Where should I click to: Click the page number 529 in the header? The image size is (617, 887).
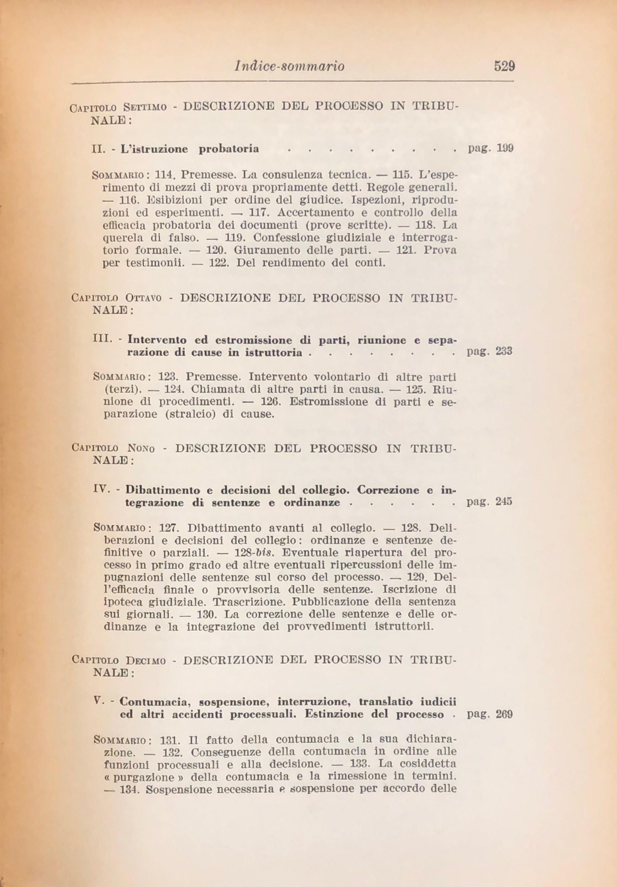tap(504, 66)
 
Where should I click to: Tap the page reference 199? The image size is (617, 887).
tap(505, 148)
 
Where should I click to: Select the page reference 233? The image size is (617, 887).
tap(504, 351)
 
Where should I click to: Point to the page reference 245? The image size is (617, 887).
tap(504, 501)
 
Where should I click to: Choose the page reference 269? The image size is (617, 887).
tap(504, 714)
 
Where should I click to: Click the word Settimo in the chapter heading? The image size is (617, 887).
tap(145, 107)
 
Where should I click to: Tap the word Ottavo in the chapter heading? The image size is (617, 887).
tap(143, 298)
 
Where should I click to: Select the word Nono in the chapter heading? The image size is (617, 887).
tap(141, 449)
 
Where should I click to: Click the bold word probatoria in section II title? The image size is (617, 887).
tap(229, 149)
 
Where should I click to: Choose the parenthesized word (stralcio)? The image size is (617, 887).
tap(187, 414)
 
